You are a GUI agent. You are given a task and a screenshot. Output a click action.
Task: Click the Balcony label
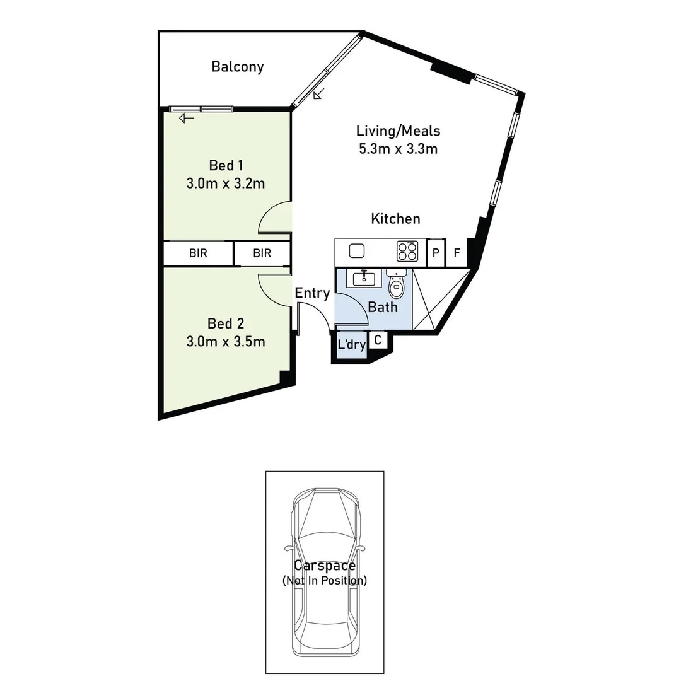pyautogui.click(x=237, y=67)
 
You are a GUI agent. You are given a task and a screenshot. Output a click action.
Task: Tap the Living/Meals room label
pyautogui.click(x=397, y=132)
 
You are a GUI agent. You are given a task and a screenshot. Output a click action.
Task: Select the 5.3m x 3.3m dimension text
pyautogui.click(x=397, y=149)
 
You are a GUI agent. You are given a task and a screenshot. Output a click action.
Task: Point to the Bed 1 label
pyautogui.click(x=226, y=166)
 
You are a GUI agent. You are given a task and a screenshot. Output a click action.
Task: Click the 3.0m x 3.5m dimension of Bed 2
pyautogui.click(x=226, y=342)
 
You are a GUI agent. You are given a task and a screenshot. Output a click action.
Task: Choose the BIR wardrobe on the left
pyautogui.click(x=199, y=253)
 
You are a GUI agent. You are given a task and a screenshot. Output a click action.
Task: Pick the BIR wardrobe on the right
pyautogui.click(x=262, y=253)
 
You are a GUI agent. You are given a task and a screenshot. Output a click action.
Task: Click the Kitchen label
pyautogui.click(x=395, y=219)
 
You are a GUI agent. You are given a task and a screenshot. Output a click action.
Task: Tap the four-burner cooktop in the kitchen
pyautogui.click(x=407, y=252)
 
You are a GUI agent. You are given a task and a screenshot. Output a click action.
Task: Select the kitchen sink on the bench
pyautogui.click(x=357, y=251)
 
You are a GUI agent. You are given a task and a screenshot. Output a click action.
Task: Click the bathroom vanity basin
pyautogui.click(x=364, y=278)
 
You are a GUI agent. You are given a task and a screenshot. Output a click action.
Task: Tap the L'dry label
pyautogui.click(x=351, y=345)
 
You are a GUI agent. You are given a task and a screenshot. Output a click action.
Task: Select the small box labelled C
pyautogui.click(x=378, y=340)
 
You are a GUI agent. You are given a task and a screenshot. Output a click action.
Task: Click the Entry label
pyautogui.click(x=312, y=293)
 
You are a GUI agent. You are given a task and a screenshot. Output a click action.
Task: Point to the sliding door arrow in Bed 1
pyautogui.click(x=186, y=118)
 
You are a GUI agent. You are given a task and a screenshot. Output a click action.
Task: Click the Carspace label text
pyautogui.click(x=324, y=566)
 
